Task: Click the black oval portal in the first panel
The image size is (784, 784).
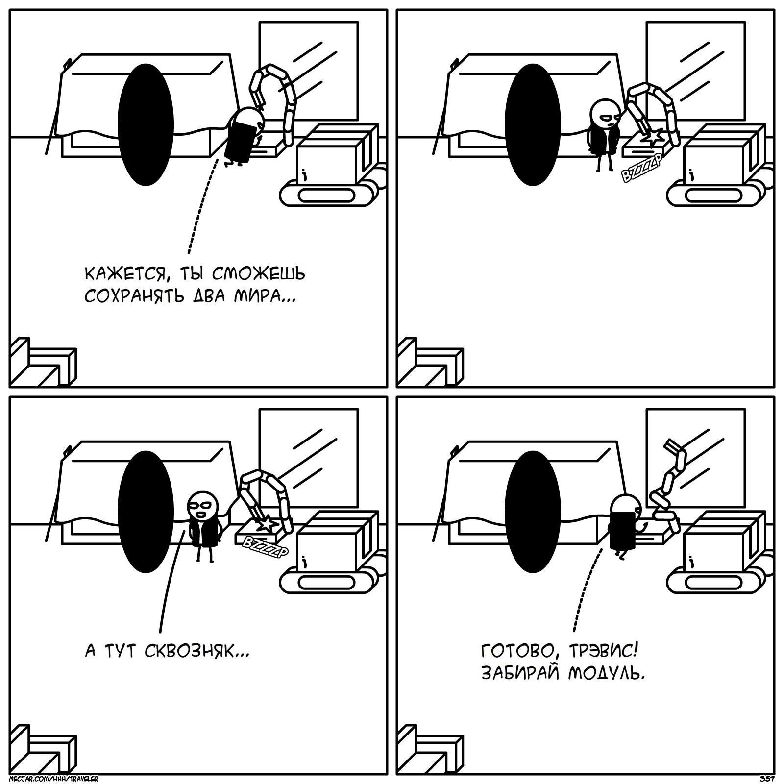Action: [146, 124]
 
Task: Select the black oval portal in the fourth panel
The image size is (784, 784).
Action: [533, 512]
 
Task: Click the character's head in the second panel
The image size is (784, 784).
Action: [606, 114]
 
